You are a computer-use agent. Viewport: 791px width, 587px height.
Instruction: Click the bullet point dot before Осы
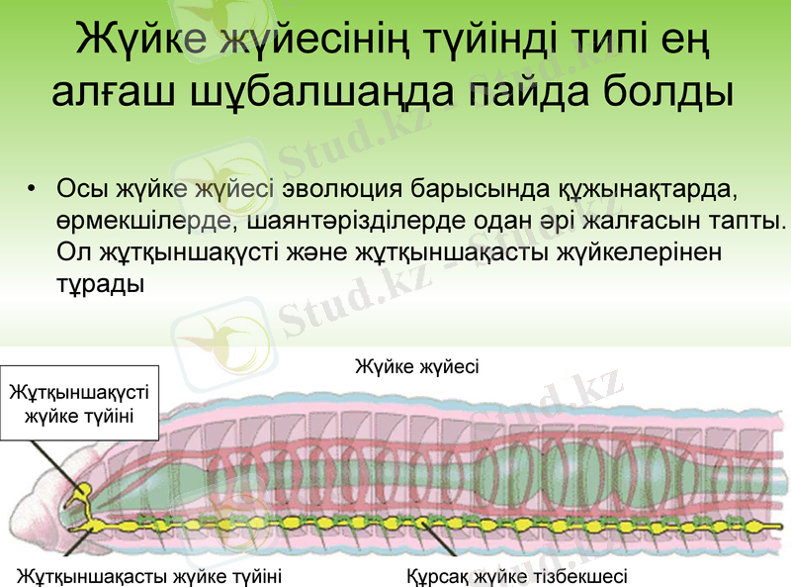33,189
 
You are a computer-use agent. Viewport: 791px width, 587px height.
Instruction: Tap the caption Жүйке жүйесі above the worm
416,367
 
